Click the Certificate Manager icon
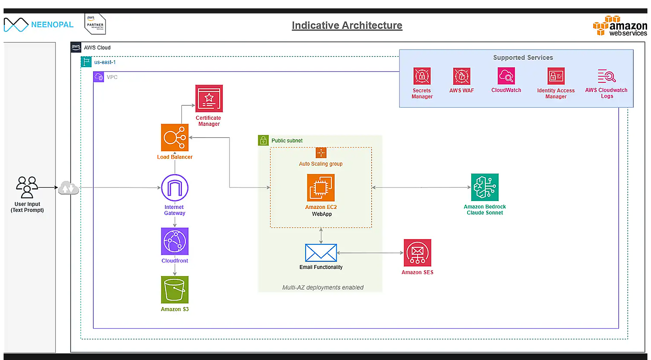tap(209, 99)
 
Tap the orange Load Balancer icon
tap(175, 138)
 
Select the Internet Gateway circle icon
tap(175, 188)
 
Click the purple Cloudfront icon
tap(175, 241)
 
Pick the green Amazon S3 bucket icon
tap(175, 290)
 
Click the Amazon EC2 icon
tap(321, 188)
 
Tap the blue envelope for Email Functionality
tap(321, 253)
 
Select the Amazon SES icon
tap(417, 253)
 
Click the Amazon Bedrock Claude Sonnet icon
tap(485, 187)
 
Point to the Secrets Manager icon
tap(422, 76)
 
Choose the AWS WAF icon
tap(461, 76)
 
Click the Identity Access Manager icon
tap(556, 76)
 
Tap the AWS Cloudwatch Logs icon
tap(607, 76)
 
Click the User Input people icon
tap(27, 187)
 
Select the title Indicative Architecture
tap(347, 25)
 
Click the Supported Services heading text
tap(523, 58)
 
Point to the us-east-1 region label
tap(105, 62)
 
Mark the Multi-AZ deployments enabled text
tap(323, 287)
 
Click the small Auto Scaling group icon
tap(321, 153)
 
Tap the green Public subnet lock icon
tap(263, 140)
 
